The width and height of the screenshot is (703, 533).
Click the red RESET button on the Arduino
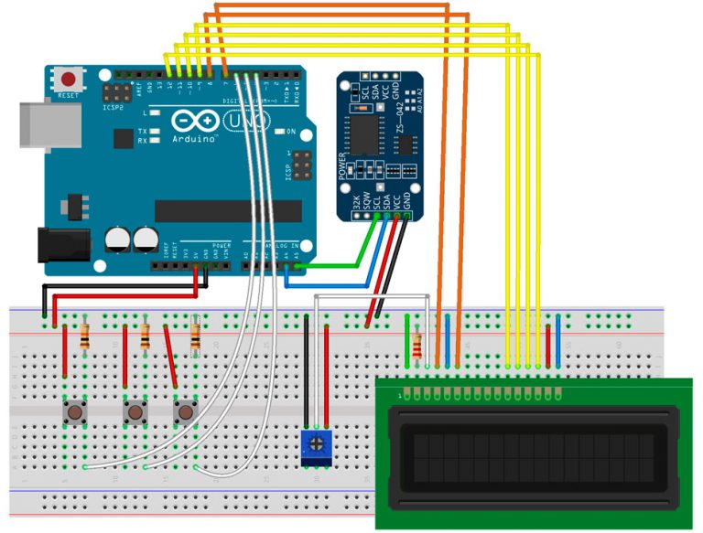pos(67,80)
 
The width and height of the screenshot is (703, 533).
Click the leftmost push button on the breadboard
pos(74,413)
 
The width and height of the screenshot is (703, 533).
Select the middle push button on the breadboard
pos(135,413)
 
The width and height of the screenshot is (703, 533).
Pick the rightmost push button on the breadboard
pos(186,413)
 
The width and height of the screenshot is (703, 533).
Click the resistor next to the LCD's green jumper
pos(417,346)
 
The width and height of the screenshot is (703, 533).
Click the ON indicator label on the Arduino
pos(293,132)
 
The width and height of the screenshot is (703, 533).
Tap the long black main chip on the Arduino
pos(228,211)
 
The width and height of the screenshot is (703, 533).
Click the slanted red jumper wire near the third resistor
pos(170,355)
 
